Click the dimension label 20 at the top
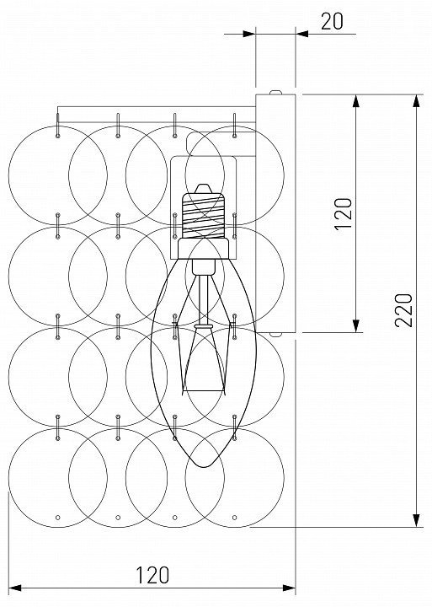[332, 22]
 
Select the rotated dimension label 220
[403, 310]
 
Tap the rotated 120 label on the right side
[343, 214]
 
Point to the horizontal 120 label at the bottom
[152, 575]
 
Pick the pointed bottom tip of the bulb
[204, 466]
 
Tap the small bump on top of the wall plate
[275, 92]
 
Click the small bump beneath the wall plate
[275, 335]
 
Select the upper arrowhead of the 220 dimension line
[416, 100]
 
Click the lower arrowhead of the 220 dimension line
[416, 520]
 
